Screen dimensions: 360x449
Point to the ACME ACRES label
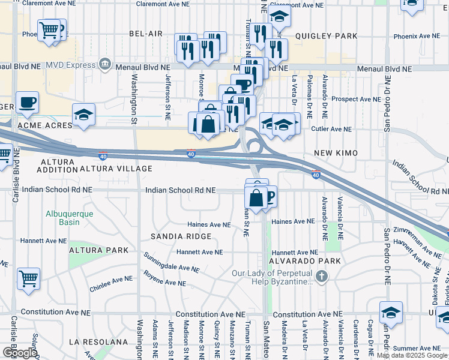click(x=45, y=126)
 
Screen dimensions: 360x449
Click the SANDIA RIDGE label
click(x=181, y=237)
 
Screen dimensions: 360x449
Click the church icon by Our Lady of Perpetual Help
click(x=322, y=277)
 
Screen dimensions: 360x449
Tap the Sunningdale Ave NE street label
click(x=171, y=263)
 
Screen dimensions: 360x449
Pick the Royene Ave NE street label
click(x=165, y=278)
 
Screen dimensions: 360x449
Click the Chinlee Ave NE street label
click(x=111, y=279)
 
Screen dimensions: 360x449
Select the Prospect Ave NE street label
click(x=356, y=99)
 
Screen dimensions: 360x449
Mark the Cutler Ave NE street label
click(x=331, y=129)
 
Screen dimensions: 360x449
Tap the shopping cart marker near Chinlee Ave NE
click(x=28, y=278)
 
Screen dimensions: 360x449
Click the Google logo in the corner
click(x=19, y=353)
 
